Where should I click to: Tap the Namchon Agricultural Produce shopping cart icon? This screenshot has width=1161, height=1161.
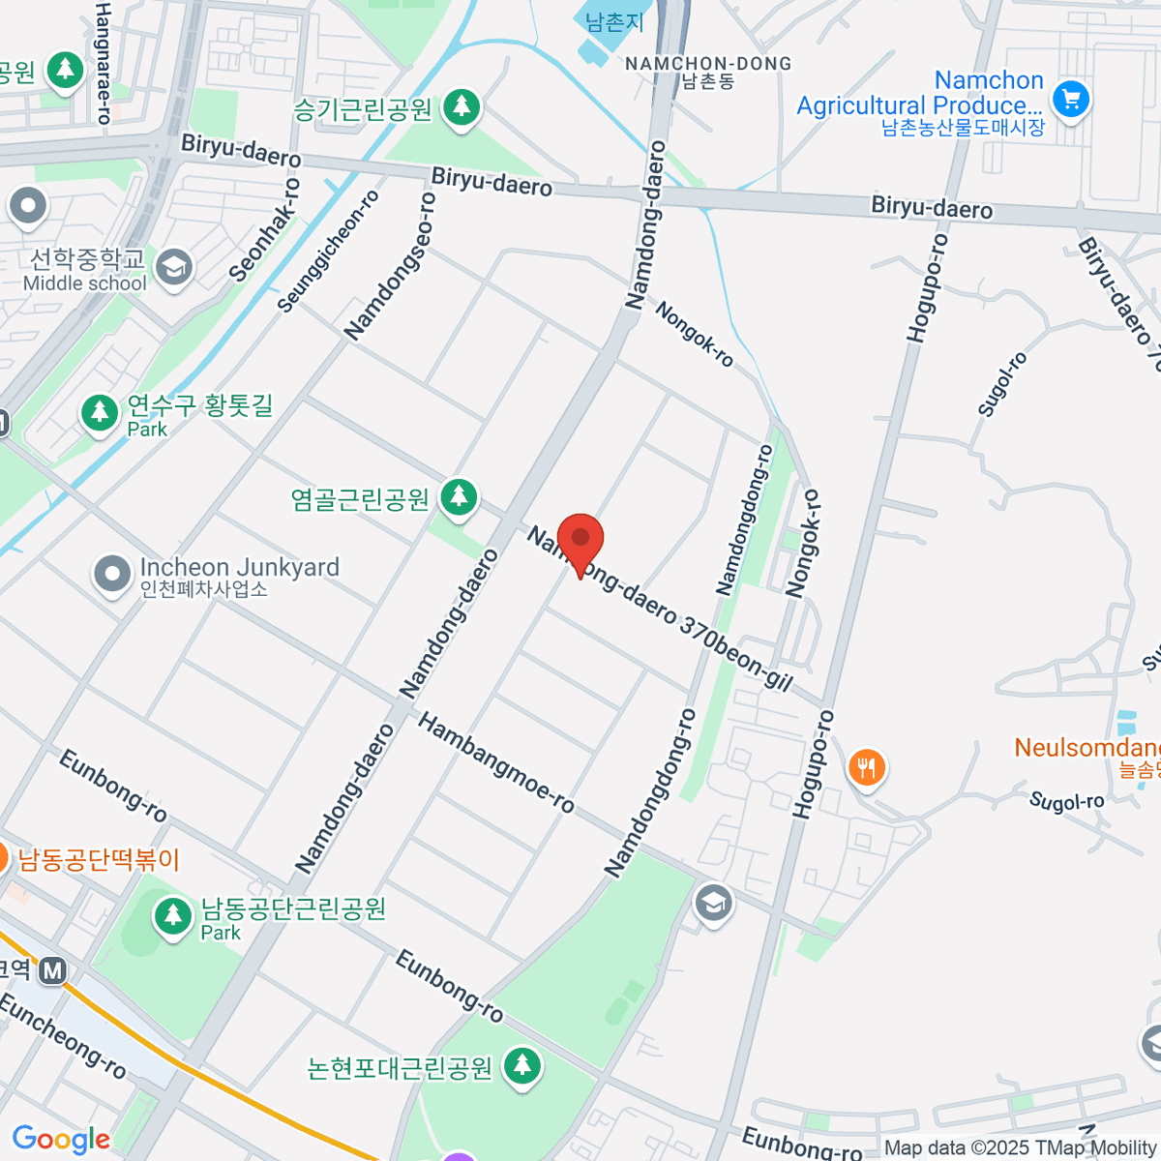coord(1071,99)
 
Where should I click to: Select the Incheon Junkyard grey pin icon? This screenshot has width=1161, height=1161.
coord(112,574)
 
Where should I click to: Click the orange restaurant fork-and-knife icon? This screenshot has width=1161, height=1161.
coord(867,768)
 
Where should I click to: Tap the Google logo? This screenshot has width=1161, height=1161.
coord(61,1140)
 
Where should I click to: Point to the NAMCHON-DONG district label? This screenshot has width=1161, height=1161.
coord(708,64)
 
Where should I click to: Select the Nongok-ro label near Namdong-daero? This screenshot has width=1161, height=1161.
coord(694,335)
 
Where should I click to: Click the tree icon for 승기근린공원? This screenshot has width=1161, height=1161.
coord(461,107)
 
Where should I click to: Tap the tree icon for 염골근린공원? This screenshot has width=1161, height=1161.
coord(459,498)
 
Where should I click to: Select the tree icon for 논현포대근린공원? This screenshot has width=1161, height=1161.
coord(522,1067)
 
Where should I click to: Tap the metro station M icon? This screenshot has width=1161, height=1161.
coord(52,970)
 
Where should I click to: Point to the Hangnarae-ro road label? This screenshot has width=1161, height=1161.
coord(104,63)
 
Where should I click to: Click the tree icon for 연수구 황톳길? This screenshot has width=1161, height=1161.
coord(99,413)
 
